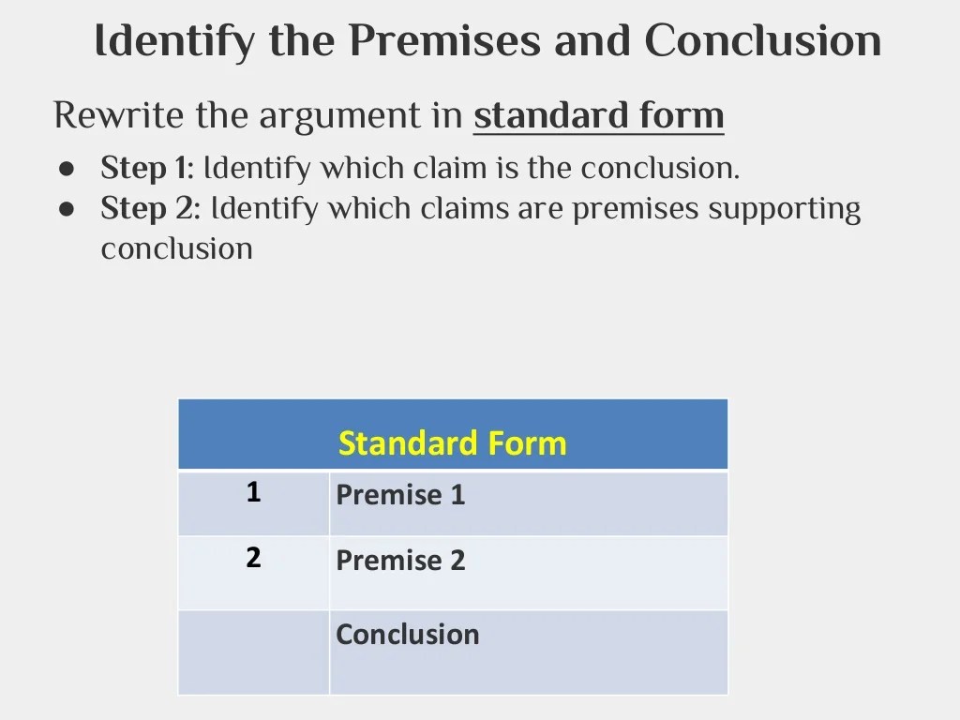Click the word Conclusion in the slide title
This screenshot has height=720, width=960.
[763, 40]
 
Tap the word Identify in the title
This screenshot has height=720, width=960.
[174, 42]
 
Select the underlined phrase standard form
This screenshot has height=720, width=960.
[598, 115]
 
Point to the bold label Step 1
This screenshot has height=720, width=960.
[144, 169]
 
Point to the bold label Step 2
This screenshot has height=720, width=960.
[148, 209]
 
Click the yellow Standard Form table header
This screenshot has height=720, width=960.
[452, 442]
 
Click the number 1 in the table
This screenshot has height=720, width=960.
[253, 492]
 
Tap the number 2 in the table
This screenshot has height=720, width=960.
[253, 558]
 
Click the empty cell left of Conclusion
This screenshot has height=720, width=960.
[253, 652]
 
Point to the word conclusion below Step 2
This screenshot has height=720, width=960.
[177, 248]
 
